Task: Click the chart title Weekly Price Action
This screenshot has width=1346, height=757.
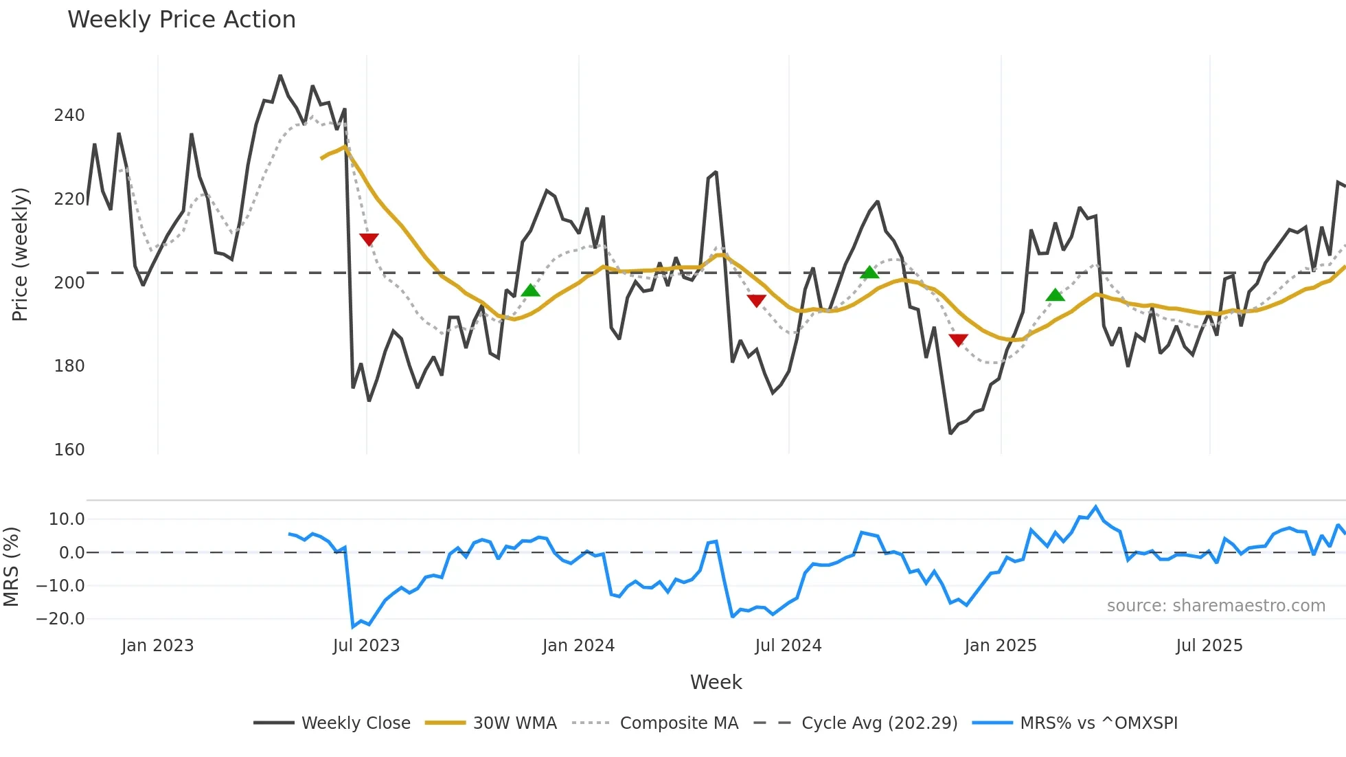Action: click(x=181, y=20)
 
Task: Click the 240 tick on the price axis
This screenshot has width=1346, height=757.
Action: click(x=69, y=115)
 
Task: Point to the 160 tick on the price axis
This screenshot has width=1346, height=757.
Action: click(x=69, y=450)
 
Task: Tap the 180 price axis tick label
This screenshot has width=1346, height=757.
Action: click(x=69, y=366)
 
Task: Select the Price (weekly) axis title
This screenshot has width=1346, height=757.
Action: click(x=21, y=254)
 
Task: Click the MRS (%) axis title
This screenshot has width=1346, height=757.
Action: click(x=12, y=567)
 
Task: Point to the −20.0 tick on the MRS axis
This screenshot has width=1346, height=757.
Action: click(x=60, y=619)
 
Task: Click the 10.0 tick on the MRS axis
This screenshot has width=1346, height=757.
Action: click(x=67, y=519)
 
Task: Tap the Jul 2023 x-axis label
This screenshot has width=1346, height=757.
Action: click(x=366, y=646)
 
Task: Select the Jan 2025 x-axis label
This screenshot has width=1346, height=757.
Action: click(x=1000, y=646)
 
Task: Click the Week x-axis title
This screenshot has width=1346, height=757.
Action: click(x=716, y=682)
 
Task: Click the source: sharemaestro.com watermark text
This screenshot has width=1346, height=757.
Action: click(x=1216, y=606)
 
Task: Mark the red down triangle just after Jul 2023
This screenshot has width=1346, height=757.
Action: click(x=369, y=239)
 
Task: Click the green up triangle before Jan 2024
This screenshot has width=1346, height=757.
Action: click(x=530, y=291)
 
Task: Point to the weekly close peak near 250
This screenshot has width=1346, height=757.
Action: click(x=280, y=76)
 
